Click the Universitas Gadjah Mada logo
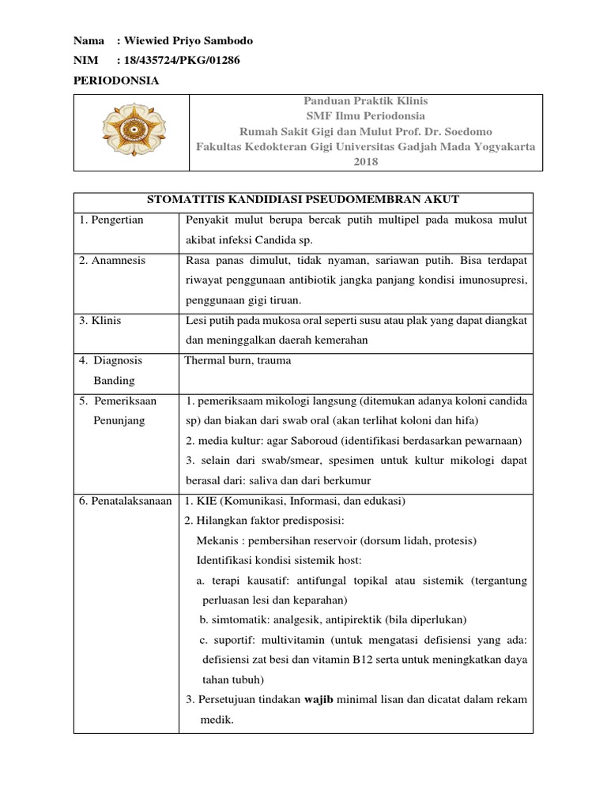[131, 132]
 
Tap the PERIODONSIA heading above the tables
[116, 80]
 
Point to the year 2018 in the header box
[365, 162]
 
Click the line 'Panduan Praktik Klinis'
[365, 102]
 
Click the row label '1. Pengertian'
[111, 220]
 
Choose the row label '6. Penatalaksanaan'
[126, 502]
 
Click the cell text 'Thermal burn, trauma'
[238, 360]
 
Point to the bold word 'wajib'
[320, 699]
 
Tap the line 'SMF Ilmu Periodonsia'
[365, 116]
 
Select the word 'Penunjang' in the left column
[119, 420]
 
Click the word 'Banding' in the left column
[115, 380]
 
